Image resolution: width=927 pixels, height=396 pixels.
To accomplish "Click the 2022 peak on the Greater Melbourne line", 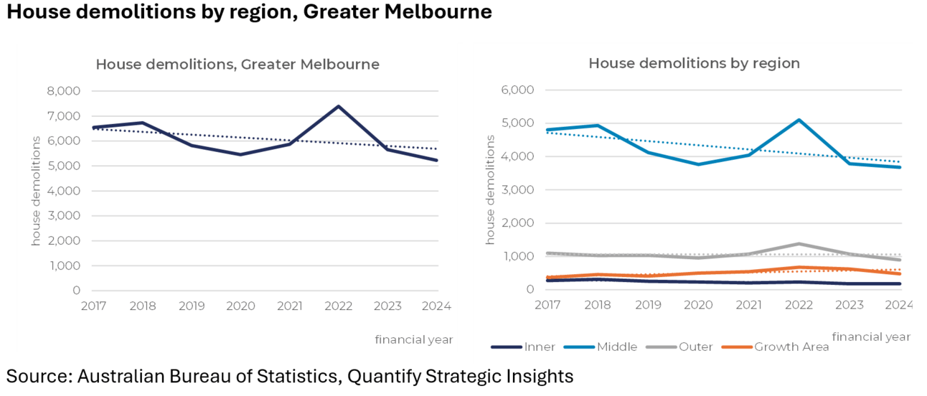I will tap(339, 107).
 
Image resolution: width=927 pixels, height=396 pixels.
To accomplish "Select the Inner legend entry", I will tap(539, 347).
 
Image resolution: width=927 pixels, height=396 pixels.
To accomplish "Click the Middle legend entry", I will tap(616, 347).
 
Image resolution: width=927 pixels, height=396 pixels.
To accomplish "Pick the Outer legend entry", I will tap(695, 347).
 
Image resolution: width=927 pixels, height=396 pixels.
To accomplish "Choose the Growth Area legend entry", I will tap(791, 347).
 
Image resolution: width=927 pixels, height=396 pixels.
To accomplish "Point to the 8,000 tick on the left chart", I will tap(65, 91).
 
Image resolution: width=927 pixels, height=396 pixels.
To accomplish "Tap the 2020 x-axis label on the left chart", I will tap(240, 306).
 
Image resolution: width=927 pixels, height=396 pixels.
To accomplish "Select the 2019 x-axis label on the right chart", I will tap(648, 304).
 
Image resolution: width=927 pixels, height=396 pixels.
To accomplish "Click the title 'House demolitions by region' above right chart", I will tap(694, 63).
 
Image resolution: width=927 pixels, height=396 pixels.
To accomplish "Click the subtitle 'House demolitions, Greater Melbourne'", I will tap(237, 65).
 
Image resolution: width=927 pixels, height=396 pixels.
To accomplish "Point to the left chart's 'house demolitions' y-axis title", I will tap(36, 189).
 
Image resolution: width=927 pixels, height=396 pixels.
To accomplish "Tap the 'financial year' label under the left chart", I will tap(413, 339).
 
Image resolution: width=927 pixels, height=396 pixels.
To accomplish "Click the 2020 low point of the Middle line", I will tap(698, 164).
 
